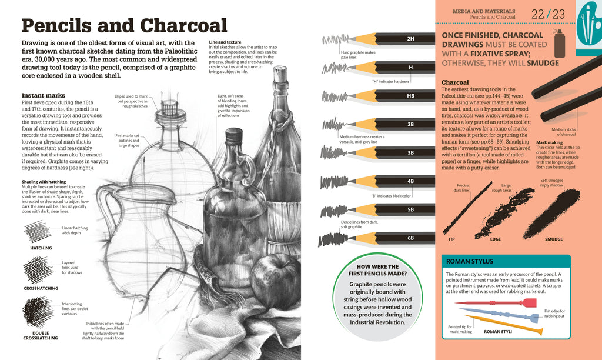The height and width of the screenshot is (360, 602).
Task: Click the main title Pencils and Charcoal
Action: (124, 25)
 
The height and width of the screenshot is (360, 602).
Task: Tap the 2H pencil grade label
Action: (410, 39)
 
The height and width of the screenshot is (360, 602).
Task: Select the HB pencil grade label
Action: (410, 95)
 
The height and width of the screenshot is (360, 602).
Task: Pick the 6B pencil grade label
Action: (410, 238)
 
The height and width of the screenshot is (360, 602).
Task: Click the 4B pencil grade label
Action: (410, 181)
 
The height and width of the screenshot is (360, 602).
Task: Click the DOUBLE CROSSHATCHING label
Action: (41, 335)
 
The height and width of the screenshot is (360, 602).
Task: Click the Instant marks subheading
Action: (43, 95)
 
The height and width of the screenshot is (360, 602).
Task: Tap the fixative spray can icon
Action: (558, 41)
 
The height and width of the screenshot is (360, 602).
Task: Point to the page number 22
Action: (538, 14)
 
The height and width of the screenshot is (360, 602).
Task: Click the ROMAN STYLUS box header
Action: (470, 261)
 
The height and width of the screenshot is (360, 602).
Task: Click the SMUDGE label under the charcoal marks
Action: (553, 239)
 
